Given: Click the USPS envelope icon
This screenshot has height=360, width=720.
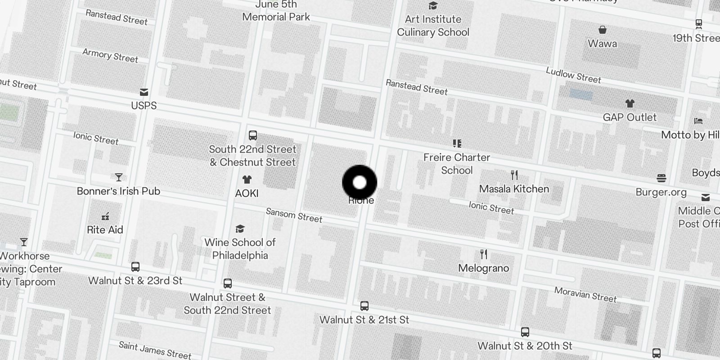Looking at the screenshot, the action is tap(144, 92).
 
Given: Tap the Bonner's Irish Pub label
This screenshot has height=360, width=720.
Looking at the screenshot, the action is tap(118, 191).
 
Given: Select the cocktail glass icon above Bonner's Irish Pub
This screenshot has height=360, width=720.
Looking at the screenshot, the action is tap(119, 177).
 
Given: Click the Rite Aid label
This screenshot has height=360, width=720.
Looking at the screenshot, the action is tap(105, 230).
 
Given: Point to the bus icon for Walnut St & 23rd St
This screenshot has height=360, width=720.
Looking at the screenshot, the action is tap(135, 267).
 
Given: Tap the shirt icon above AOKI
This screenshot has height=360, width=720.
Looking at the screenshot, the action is tap(247, 180).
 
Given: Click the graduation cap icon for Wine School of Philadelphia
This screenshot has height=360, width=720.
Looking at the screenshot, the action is tap(240, 229).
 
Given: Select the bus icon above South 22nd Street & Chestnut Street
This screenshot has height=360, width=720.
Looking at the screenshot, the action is tap(253, 135).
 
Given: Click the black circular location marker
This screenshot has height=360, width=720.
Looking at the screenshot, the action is tap(360, 183).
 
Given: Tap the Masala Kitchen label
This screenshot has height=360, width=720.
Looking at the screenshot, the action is tap(514, 189).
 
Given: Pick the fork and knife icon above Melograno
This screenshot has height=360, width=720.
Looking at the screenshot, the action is tap(484, 255).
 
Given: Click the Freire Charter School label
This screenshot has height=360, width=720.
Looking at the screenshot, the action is tap(457, 164).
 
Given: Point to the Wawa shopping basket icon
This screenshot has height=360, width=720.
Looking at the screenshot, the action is tap(603, 30).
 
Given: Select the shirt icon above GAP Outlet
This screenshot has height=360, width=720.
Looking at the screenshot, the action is tap(630, 104).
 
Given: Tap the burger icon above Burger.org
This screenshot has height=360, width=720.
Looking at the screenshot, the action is tap(661, 178).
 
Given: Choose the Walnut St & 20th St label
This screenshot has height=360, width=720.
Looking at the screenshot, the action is tap(525, 346).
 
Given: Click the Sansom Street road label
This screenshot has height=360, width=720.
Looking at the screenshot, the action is tap(294, 215).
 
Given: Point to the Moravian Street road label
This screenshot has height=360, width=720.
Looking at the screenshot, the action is tap(585, 295).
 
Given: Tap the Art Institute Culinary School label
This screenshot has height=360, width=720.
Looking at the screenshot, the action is tap(433, 26).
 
